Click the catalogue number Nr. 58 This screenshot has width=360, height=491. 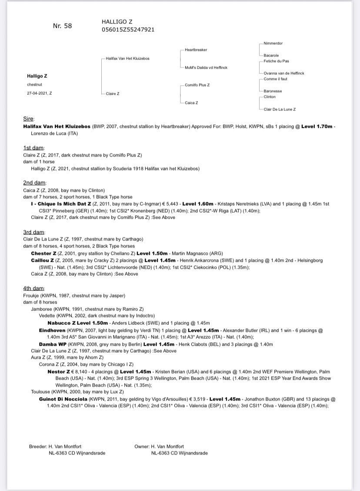62,26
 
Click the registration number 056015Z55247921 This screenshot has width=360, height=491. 128,30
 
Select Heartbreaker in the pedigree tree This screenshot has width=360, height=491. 196,50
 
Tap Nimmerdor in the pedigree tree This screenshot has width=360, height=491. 273,43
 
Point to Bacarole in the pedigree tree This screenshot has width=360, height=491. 271,56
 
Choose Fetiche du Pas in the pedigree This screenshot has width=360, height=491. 277,61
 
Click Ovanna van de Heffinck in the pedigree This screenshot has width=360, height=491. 284,73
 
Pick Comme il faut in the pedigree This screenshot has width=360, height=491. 275,79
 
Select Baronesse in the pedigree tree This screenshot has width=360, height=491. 273,91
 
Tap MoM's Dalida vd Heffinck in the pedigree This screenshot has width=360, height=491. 206,67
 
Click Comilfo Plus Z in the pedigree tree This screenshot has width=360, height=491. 197,85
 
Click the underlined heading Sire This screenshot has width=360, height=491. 29,119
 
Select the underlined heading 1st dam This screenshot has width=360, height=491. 34,148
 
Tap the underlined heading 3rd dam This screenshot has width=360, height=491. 34,232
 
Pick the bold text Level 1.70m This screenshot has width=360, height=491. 318,126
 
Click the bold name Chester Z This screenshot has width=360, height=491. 43,253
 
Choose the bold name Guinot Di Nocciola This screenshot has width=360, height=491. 63,399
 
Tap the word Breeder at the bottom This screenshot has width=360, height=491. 37,446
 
